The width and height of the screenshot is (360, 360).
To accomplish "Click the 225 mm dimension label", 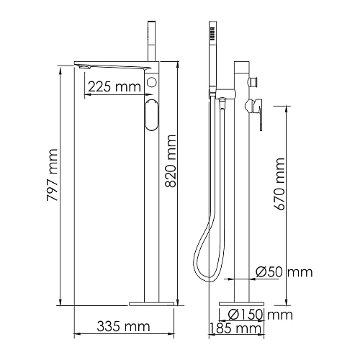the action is (114, 86).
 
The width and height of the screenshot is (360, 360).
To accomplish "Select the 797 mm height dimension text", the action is (53, 175).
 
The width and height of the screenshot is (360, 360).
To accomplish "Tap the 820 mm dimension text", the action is (171, 161).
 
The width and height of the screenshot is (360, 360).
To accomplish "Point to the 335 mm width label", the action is (123, 326).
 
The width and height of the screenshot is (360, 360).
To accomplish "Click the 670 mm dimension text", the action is (279, 184).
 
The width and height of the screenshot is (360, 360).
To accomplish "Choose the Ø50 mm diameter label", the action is (284, 272).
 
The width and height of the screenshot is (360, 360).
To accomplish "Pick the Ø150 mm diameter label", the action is (261, 315).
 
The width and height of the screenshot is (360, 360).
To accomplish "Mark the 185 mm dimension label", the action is (235, 328).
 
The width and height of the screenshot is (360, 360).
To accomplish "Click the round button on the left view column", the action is (151, 82).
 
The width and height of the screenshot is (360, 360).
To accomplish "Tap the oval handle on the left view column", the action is (152, 114).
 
